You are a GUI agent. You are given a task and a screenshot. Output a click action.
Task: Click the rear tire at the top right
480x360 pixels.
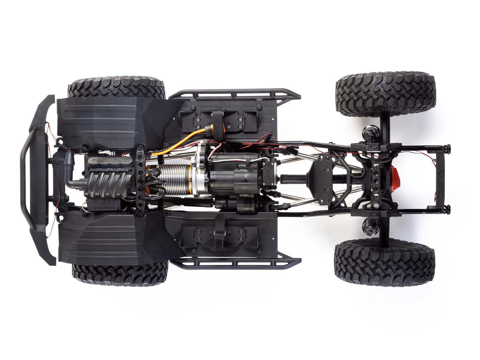[386, 94]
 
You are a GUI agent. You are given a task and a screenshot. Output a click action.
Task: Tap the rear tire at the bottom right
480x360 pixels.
[384, 262]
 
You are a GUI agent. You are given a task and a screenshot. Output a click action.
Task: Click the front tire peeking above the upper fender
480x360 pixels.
[117, 87]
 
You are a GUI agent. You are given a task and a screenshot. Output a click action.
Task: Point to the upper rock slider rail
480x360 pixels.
[235, 94]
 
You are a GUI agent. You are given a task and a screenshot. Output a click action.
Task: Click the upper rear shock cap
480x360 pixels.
[371, 132]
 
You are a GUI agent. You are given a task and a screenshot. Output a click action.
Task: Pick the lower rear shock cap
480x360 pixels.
[370, 227]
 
